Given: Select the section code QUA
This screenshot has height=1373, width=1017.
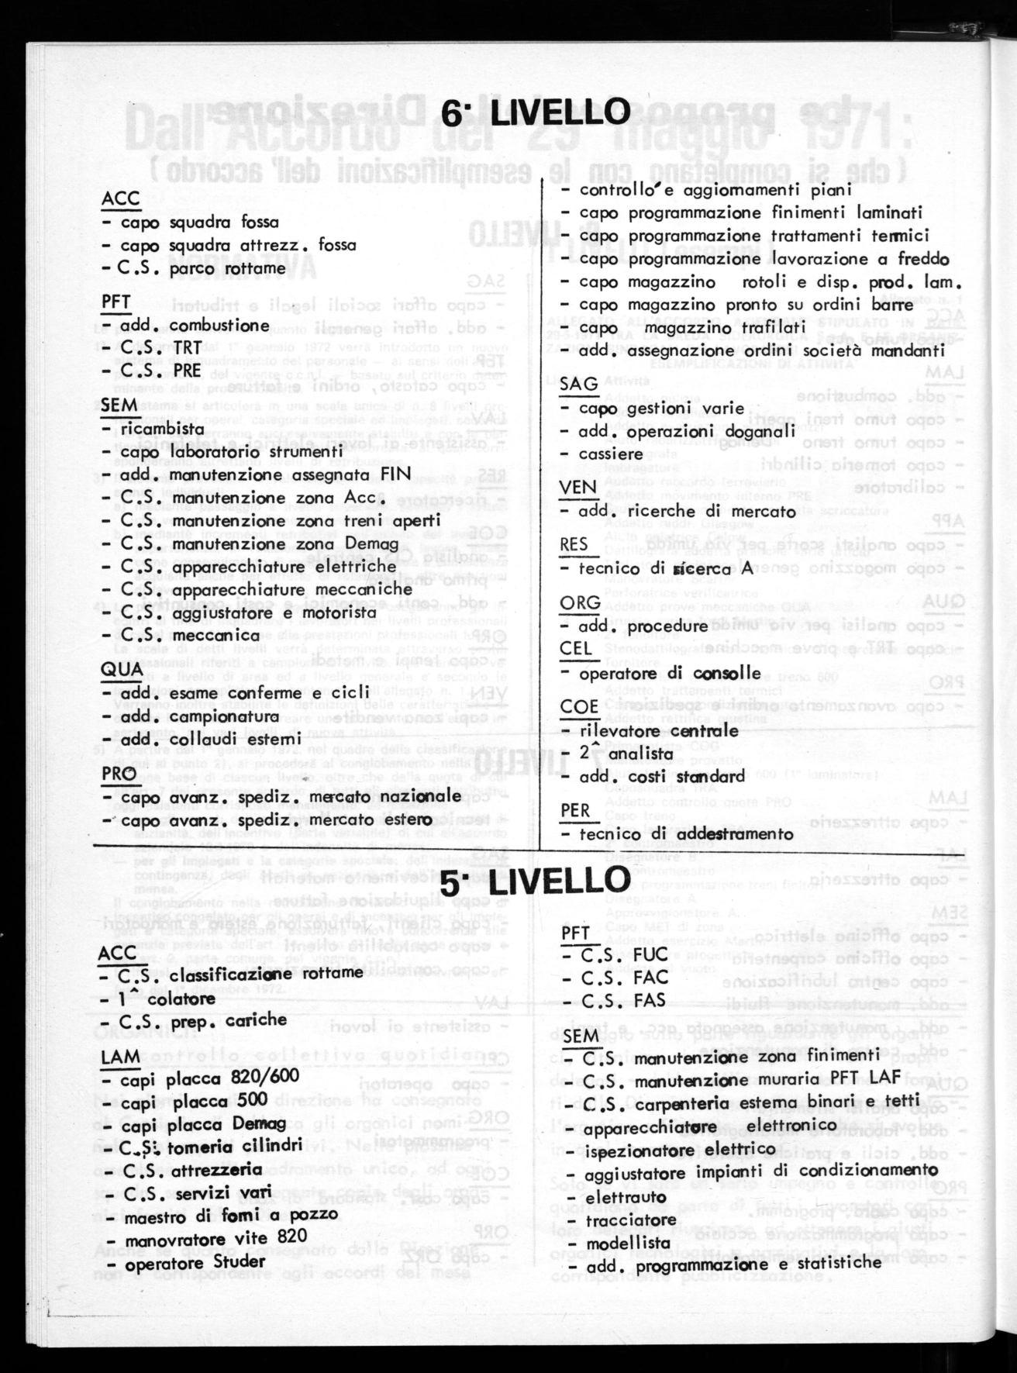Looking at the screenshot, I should pos(122,668).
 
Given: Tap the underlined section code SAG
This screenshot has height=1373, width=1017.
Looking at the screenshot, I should pos(578,384).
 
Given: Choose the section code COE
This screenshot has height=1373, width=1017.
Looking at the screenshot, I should pos(579,707).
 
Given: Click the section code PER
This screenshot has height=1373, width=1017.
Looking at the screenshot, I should pos(576,810).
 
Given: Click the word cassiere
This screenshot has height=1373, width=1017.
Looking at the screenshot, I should pos(612,454).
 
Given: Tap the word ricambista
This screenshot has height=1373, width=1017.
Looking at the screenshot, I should pos(149,429).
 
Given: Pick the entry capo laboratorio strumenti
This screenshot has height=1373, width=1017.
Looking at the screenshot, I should pos(222,451).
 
